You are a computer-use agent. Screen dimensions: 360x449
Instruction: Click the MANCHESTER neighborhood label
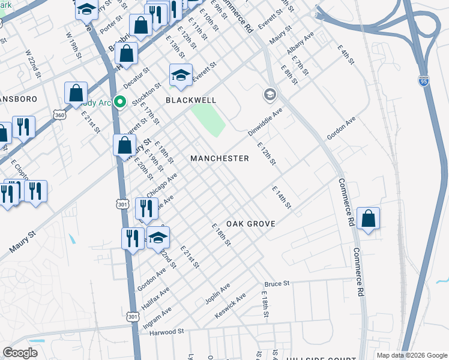click(219, 158)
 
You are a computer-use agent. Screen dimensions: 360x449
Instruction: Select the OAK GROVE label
click(251, 224)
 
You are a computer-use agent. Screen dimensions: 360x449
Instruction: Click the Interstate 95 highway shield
click(424, 81)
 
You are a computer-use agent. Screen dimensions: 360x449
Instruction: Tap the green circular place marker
click(120, 102)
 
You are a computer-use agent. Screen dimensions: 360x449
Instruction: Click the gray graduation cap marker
click(270, 94)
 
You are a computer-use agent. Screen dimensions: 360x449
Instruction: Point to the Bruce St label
click(277, 283)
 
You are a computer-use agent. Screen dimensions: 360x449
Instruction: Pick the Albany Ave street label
click(301, 45)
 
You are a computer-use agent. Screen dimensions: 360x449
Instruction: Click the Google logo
click(20, 353)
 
